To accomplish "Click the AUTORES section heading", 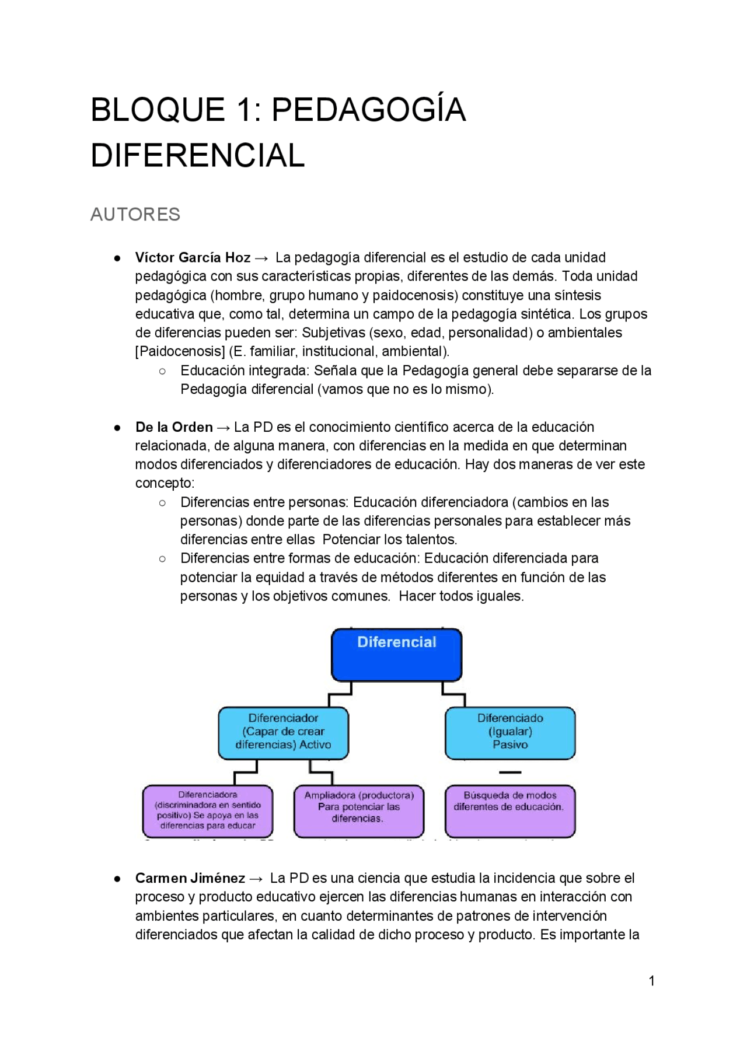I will [x=135, y=214].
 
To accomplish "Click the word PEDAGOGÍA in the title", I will [x=368, y=110].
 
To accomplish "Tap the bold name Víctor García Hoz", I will [x=193, y=257].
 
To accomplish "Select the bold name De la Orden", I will [x=174, y=427].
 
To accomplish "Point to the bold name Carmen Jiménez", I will [x=190, y=878].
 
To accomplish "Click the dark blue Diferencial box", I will [x=396, y=655].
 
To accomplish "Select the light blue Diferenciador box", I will [x=283, y=733].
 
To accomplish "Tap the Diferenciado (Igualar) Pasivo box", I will [x=510, y=733].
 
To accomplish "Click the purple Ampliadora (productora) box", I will [x=358, y=811].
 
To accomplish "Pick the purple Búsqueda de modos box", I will [x=509, y=811].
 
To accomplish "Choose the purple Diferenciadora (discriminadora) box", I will [x=208, y=811].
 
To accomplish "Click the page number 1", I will [x=651, y=981].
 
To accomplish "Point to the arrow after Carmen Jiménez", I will [x=256, y=879].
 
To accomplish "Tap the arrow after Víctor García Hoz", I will [x=262, y=258].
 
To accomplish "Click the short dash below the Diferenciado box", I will [x=510, y=772].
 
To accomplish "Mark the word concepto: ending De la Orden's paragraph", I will [x=165, y=483].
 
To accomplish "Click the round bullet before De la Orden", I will [x=118, y=427].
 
